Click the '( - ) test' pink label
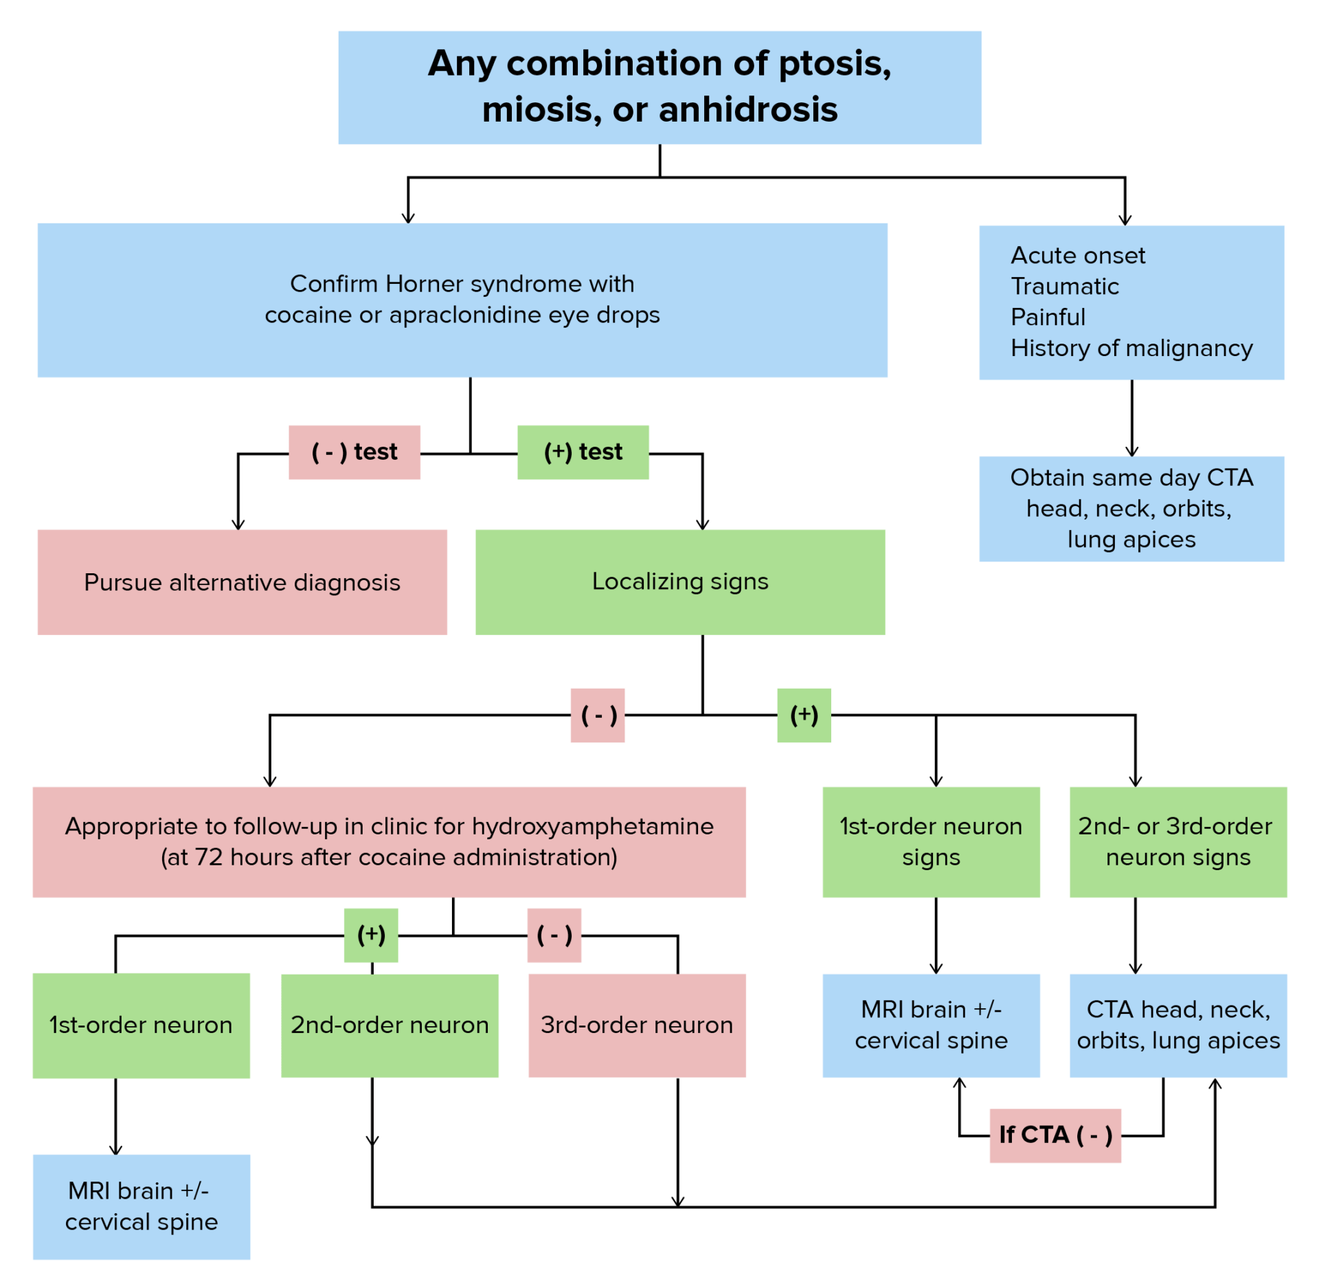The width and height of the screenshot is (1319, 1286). point(354,452)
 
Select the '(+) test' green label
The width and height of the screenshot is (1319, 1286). point(583,452)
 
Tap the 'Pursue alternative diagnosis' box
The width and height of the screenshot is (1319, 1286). point(242,582)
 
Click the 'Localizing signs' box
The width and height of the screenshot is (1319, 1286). point(679,582)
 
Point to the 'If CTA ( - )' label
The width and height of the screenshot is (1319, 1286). point(1055,1135)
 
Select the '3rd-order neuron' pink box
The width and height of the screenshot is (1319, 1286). point(636,1025)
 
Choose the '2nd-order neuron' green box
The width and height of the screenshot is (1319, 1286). point(390,1025)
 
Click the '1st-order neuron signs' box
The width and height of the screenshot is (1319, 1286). point(930,841)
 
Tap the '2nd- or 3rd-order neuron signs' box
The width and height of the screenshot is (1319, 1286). point(1177,841)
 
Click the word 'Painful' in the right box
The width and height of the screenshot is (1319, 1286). point(1048,317)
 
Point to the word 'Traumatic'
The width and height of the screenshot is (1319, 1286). point(1064,286)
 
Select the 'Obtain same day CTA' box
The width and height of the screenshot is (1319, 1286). point(1131,509)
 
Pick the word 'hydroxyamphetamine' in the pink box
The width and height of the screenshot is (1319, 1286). point(592,825)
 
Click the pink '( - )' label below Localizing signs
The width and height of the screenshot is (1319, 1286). point(598,715)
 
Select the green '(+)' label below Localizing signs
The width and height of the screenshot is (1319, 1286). point(804,715)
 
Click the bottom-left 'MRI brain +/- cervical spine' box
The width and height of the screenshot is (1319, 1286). point(141,1206)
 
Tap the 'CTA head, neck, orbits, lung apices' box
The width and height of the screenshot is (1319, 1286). point(1177,1025)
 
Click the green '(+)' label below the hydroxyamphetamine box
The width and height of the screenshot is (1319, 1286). point(371,935)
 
